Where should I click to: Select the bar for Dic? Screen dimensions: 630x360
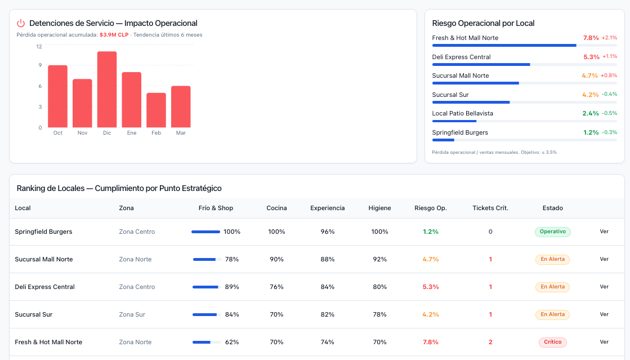pyautogui.click(x=107, y=90)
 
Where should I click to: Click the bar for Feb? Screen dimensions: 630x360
pyautogui.click(x=157, y=110)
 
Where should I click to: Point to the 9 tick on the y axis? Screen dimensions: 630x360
pyautogui.click(x=40, y=65)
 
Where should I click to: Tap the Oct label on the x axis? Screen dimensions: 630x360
pyautogui.click(x=58, y=133)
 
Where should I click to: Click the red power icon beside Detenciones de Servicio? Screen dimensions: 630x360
pyautogui.click(x=21, y=23)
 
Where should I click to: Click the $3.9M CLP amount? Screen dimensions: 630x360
pyautogui.click(x=114, y=35)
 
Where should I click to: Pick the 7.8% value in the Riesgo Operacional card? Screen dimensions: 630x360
pyautogui.click(x=591, y=38)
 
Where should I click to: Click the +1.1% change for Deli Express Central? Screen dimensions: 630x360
pyautogui.click(x=610, y=57)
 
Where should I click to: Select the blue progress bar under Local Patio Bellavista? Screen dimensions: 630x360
pyautogui.click(x=454, y=121)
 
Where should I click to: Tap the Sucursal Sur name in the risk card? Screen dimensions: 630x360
pyautogui.click(x=450, y=95)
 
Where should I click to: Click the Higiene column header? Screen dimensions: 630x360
pyautogui.click(x=379, y=208)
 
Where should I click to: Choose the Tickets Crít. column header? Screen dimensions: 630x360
pyautogui.click(x=490, y=208)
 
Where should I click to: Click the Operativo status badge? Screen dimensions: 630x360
pyautogui.click(x=553, y=232)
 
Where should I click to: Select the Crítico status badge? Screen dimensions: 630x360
pyautogui.click(x=553, y=342)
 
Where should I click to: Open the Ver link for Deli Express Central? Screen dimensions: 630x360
pyautogui.click(x=604, y=287)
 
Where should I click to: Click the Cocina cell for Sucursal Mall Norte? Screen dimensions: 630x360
pyautogui.click(x=276, y=260)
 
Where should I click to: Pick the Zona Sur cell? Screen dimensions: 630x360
pyautogui.click(x=132, y=314)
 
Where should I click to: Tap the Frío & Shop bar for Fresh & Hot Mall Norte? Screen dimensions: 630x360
pyautogui.click(x=202, y=343)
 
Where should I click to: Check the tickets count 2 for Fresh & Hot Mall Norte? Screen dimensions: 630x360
pyautogui.click(x=490, y=342)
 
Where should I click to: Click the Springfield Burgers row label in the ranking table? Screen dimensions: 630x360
pyautogui.click(x=43, y=232)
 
